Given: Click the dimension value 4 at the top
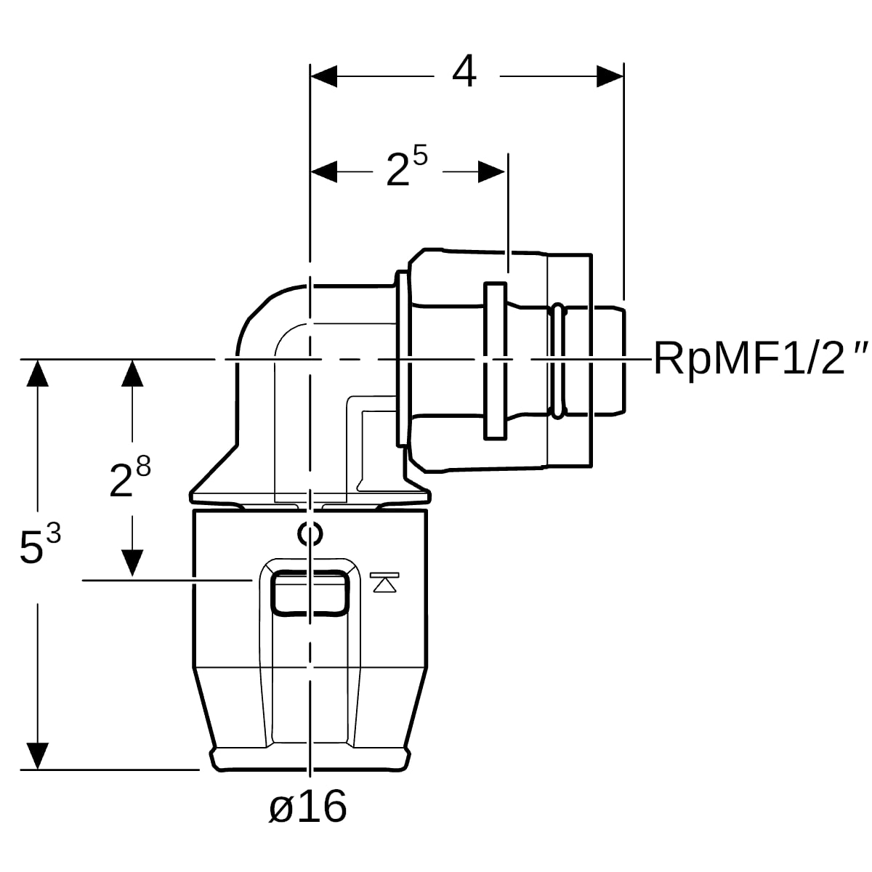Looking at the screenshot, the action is pos(464,71).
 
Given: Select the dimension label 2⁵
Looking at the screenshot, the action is pos(406,166).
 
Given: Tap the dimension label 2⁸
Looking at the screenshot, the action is pos(130,476).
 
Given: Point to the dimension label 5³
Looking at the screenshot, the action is pos(40,544).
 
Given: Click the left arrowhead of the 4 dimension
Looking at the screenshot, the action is pos(324,76).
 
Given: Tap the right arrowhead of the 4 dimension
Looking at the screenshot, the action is pos(610,76).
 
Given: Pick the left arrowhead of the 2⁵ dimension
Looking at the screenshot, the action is pos(324,171).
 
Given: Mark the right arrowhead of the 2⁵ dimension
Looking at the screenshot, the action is pos(491,171).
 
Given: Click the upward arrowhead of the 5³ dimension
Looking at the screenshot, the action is pos(38,373).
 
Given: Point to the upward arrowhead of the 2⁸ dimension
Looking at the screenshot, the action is pos(132,373).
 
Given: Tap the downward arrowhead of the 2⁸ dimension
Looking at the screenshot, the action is pos(132,563).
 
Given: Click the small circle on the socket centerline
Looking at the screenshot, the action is pos(310,534).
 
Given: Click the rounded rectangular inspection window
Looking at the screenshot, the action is pos(272,593).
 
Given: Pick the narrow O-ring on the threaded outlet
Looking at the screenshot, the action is pos(559,361).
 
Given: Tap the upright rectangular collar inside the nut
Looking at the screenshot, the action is pos(495,360).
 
